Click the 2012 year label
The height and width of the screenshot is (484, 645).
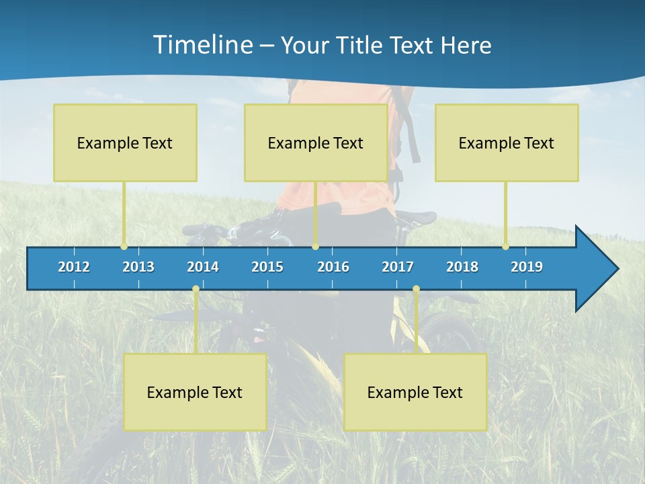(x=74, y=267)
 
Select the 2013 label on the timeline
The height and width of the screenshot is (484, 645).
(x=138, y=267)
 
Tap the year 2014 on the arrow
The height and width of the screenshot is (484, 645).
(x=203, y=267)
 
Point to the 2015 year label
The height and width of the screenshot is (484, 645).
(x=267, y=267)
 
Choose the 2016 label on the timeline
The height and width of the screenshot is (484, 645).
(x=333, y=267)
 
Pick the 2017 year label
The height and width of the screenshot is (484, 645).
(x=398, y=267)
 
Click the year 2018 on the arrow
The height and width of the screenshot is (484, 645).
(x=462, y=267)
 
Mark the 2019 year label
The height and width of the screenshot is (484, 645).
(x=527, y=267)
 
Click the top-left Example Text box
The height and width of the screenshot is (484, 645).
(x=125, y=143)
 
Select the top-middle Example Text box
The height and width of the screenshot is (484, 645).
(x=316, y=143)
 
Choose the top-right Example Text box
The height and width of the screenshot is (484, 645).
(x=507, y=143)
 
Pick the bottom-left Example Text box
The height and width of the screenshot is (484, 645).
(x=195, y=392)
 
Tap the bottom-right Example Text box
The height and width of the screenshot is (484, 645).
(x=415, y=392)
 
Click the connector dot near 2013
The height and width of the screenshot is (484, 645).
(x=124, y=246)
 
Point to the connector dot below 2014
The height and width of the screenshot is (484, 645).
(x=196, y=289)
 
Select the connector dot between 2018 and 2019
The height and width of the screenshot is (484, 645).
(x=506, y=246)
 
